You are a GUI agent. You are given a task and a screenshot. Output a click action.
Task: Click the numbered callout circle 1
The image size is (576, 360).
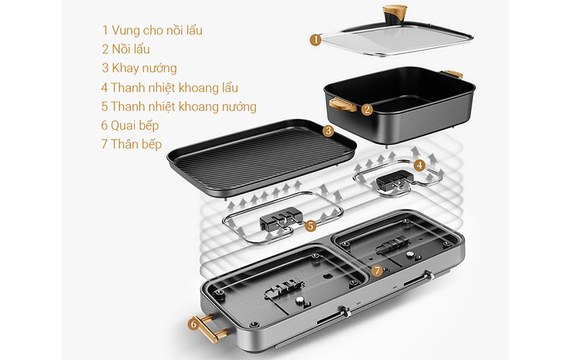[x=315, y=40]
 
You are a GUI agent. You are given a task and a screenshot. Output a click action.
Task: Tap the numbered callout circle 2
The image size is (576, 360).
[x=367, y=109]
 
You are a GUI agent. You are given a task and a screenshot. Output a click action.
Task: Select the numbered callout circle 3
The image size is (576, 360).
[x=328, y=131]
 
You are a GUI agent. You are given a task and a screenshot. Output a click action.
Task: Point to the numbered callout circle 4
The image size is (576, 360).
[x=420, y=165]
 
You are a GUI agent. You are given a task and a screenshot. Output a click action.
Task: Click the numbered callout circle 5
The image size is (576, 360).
[x=310, y=225]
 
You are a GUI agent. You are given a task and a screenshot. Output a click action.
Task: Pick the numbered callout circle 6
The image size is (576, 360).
[x=194, y=325]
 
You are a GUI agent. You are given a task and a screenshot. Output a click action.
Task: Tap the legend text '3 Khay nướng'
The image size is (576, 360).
[x=139, y=68]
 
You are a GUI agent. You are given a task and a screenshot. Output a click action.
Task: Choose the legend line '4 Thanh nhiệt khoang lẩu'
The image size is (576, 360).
[x=169, y=88]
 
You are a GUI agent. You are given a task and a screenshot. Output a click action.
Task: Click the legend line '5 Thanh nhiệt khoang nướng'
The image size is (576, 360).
[x=179, y=107]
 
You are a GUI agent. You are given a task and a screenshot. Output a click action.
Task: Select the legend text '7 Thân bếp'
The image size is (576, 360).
[x=132, y=144]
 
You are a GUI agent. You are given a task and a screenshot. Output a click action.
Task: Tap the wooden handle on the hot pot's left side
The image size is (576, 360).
[x=342, y=104]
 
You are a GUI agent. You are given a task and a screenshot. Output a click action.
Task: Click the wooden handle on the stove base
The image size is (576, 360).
[x=210, y=329]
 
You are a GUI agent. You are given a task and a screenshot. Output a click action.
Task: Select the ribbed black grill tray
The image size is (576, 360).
[x=262, y=151]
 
